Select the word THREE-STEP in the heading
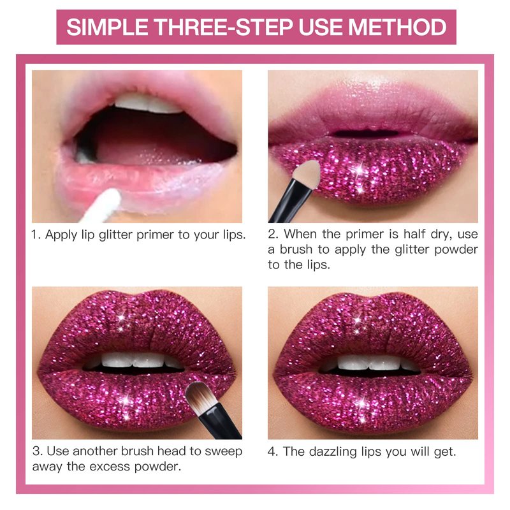tap(223, 27)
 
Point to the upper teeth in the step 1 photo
tap(148, 103)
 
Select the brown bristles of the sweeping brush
tap(201, 399)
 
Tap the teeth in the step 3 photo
tap(133, 360)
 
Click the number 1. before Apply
tap(36, 235)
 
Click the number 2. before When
tap(273, 234)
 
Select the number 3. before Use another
tap(37, 451)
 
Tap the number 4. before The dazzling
tap(273, 451)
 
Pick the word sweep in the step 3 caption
tap(224, 452)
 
